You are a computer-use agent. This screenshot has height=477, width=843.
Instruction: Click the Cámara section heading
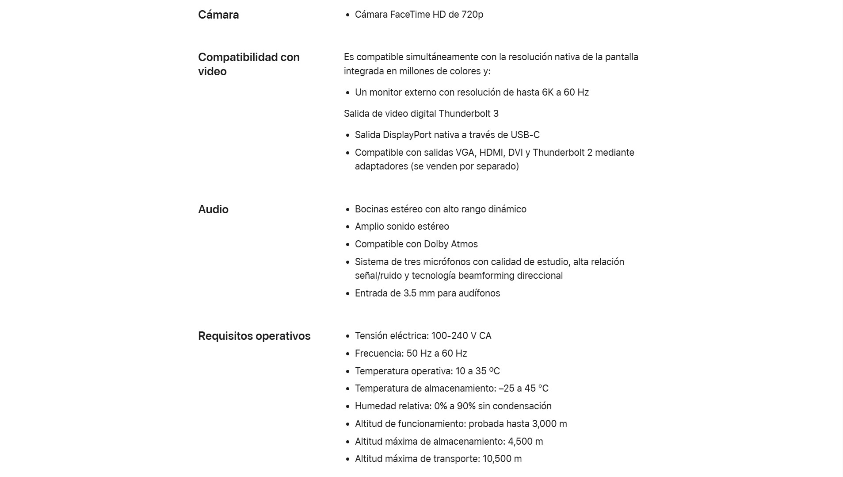pos(218,15)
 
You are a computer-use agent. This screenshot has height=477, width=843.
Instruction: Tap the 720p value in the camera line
pos(472,15)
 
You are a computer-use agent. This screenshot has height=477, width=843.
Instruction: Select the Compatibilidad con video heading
pos(248,64)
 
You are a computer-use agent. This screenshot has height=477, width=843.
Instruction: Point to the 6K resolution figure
pos(547,92)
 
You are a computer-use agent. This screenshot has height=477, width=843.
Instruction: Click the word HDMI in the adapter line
pos(492,153)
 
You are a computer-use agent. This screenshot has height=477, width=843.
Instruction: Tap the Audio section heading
pos(213,209)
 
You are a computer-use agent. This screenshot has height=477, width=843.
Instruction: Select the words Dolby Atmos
pos(451,244)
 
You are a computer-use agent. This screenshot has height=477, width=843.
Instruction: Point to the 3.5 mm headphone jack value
pos(419,293)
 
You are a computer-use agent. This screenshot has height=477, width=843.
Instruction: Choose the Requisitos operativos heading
pos(254,336)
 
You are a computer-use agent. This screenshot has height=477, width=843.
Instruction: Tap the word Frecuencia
pos(379,354)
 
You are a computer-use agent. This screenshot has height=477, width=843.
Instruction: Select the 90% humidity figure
pos(466,406)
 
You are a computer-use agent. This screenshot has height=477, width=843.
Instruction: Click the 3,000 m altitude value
pos(549,424)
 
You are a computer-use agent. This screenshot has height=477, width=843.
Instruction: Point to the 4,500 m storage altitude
pos(526,442)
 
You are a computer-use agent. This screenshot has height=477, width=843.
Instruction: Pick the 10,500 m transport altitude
pos(502,459)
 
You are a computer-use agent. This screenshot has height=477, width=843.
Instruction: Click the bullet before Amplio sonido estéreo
pos(347,227)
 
